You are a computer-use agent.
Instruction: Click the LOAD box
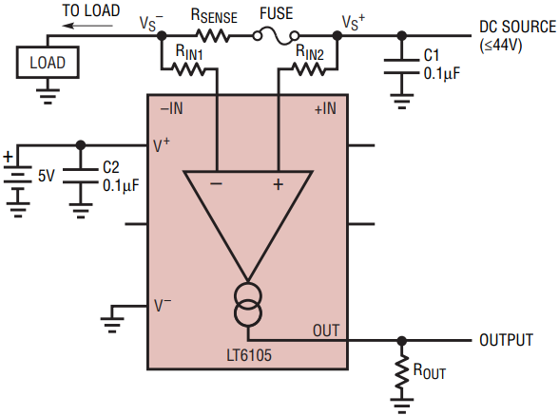tap(48, 63)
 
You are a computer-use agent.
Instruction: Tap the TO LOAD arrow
tap(87, 26)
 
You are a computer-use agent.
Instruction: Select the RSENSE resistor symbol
tap(213, 36)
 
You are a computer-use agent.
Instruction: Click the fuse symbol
tap(276, 37)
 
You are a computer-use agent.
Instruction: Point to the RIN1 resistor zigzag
tap(188, 68)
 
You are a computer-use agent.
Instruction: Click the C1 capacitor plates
tap(402, 66)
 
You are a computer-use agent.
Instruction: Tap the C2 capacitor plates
tap(81, 176)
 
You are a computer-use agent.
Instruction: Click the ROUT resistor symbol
tap(402, 371)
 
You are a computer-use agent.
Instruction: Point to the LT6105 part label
tap(249, 355)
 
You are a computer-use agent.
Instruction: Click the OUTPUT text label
tap(506, 340)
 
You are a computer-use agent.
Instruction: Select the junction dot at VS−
tap(162, 36)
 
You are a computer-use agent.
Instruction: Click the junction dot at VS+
tap(337, 36)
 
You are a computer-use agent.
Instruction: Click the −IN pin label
tap(171, 108)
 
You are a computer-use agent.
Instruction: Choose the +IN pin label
tap(325, 108)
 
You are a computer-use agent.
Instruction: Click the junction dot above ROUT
tap(402, 341)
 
